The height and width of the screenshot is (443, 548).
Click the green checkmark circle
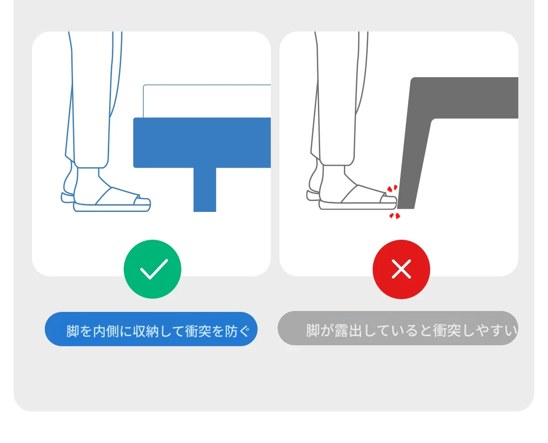pos(153,269)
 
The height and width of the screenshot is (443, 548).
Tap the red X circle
pos(401,269)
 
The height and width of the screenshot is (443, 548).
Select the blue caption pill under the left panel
pos(151,329)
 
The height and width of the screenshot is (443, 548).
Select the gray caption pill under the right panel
pos(398,328)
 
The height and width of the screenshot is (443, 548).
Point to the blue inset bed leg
pos(205,190)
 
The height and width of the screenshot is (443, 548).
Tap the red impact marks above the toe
pos(392,188)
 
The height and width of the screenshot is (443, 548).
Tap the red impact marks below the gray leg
pos(395,216)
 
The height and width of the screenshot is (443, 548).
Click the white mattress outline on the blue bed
pos(207,101)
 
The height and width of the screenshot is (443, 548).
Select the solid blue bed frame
pos(202,143)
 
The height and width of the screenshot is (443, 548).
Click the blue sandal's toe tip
pos(150,203)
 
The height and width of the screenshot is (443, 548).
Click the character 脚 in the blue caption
pos(73,331)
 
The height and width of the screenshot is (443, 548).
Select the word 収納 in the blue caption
pos(145,331)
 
